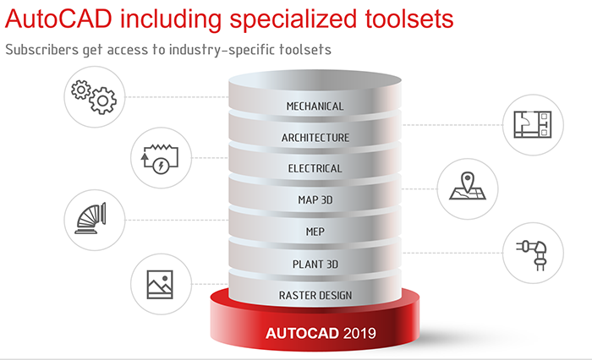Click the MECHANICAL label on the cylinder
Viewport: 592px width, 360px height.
tap(315, 106)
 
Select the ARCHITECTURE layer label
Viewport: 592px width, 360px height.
tap(315, 138)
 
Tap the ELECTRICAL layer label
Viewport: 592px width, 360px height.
tap(315, 168)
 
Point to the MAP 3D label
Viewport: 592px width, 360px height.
tap(315, 199)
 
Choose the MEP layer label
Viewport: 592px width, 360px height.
tap(315, 232)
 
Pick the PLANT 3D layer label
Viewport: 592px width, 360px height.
tap(315, 265)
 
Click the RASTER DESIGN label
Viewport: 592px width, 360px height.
tap(315, 295)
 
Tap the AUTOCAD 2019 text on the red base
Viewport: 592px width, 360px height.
tap(321, 333)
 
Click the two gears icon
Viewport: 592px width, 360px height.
tap(94, 97)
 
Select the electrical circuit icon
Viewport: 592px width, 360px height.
tap(160, 159)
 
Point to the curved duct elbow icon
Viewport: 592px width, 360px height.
tap(90, 219)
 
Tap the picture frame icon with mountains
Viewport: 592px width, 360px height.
tap(160, 285)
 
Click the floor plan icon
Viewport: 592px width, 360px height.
tap(532, 124)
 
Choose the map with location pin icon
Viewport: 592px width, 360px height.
tap(468, 186)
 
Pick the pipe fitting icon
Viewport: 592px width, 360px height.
tap(532, 255)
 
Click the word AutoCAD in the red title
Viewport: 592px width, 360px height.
tap(58, 19)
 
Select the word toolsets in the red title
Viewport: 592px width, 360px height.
tap(408, 19)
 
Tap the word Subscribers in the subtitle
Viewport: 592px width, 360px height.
tap(42, 49)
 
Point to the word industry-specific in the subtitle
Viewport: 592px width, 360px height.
tap(222, 50)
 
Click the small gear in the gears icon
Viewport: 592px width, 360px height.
tap(81, 90)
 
